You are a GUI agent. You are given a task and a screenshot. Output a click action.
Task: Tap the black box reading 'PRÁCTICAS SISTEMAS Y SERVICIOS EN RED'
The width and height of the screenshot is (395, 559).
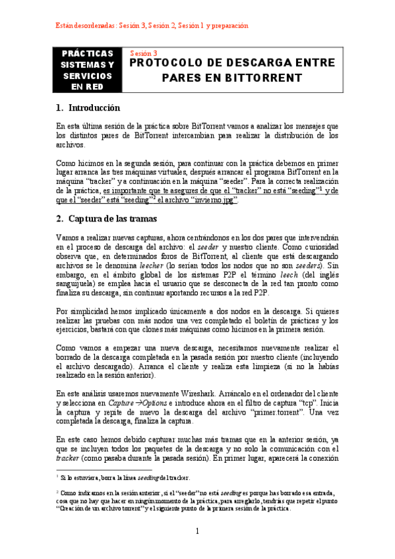point(87,70)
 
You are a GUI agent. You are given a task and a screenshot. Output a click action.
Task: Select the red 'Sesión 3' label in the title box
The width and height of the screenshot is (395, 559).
point(143,53)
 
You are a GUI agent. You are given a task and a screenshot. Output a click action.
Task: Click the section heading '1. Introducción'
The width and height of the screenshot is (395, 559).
point(88,107)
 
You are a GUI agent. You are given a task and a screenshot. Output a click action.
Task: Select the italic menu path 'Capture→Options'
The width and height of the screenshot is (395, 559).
point(138,403)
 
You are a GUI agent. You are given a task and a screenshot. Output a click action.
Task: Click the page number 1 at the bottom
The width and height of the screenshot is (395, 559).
point(197,531)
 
